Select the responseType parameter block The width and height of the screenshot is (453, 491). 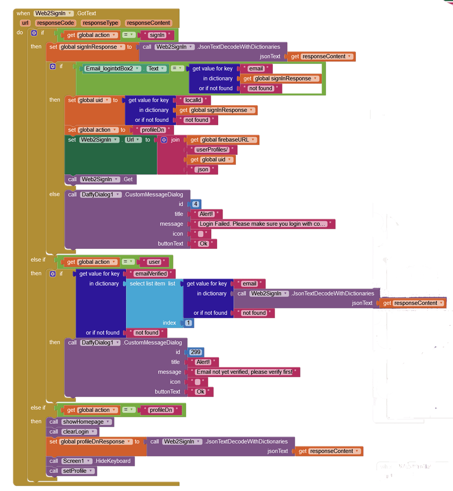[100, 23]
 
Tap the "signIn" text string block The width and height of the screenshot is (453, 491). [157, 35]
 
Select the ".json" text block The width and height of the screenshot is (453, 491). [203, 169]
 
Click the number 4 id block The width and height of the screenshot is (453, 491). [195, 204]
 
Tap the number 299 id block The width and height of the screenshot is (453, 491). [196, 352]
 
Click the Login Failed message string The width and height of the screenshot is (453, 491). [262, 224]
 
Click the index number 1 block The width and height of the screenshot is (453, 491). [188, 323]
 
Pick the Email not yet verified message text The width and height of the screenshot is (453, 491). [244, 372]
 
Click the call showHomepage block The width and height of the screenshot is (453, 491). [80, 422]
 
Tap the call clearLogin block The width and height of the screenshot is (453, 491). [73, 432]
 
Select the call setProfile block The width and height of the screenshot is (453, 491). [72, 471]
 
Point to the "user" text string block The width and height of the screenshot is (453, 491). [154, 262]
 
